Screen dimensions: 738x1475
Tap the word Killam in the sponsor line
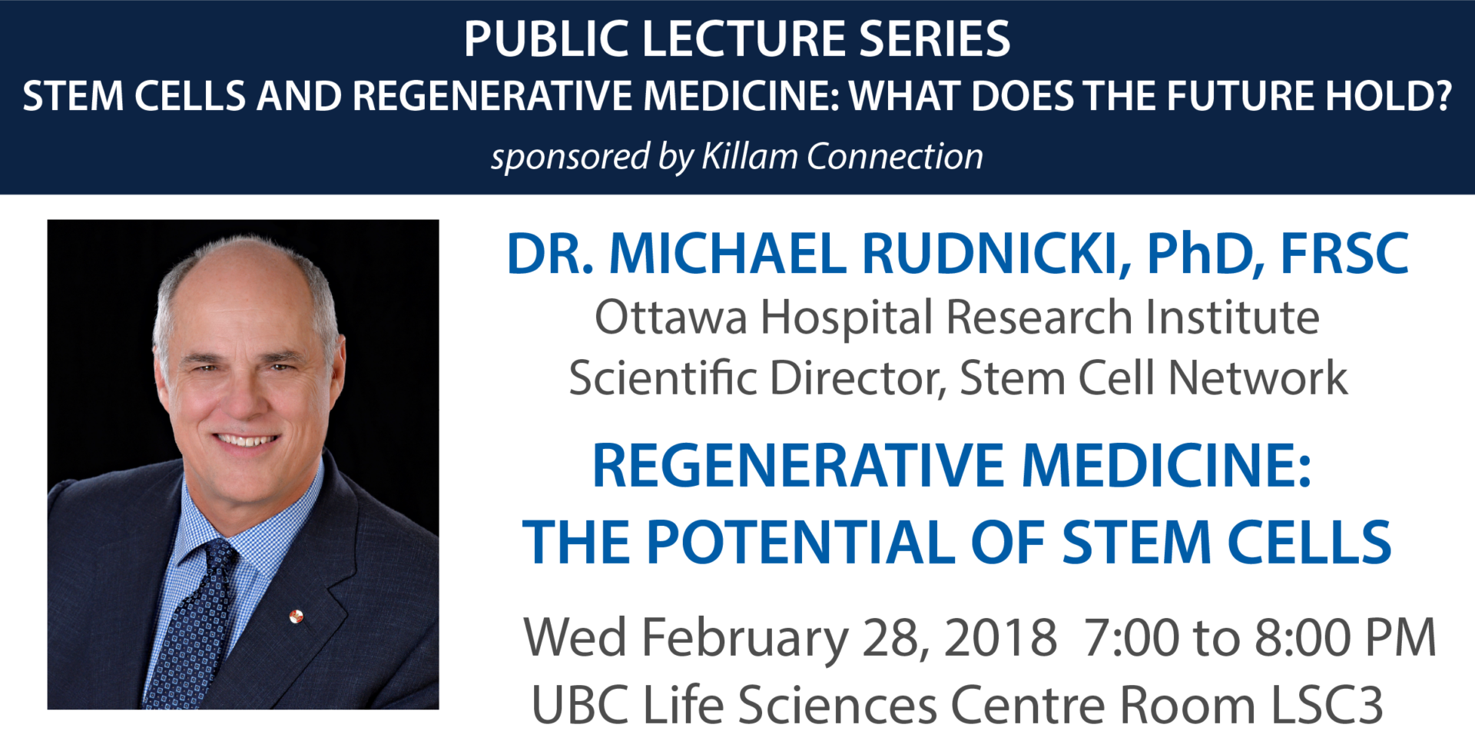pyautogui.click(x=749, y=157)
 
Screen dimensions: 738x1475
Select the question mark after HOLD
pyautogui.click(x=1441, y=96)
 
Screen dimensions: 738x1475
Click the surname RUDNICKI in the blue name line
pyautogui.click(x=996, y=254)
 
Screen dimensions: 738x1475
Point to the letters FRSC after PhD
pyautogui.click(x=1344, y=254)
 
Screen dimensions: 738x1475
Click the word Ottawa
pyautogui.click(x=670, y=317)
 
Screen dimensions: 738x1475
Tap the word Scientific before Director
pyautogui.click(x=662, y=378)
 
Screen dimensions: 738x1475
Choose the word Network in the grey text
pyautogui.click(x=1258, y=378)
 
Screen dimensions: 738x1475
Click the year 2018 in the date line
pyautogui.click(x=1000, y=638)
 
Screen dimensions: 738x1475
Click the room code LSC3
pyautogui.click(x=1327, y=705)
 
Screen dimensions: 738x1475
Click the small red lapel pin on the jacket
pyautogui.click(x=296, y=616)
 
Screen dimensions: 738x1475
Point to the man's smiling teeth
pyautogui.click(x=246, y=441)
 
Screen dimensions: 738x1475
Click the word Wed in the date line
pyautogui.click(x=575, y=638)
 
